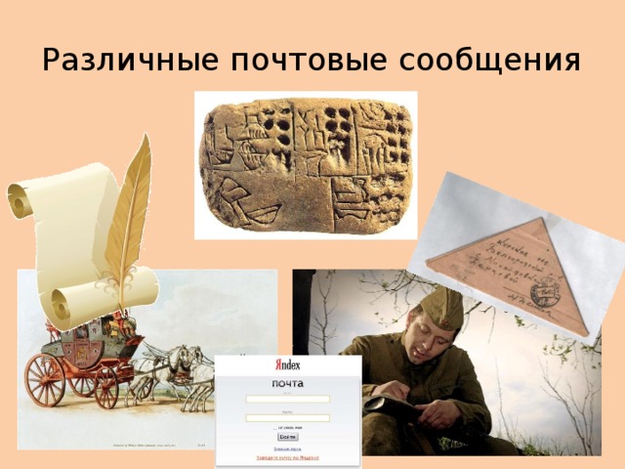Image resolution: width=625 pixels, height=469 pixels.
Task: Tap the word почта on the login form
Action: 287,382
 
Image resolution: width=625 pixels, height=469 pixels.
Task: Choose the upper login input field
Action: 288,399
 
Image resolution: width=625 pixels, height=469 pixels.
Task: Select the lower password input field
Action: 288,418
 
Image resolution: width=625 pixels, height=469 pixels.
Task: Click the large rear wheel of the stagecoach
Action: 45,378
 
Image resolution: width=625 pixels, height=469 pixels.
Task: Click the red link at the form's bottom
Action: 287,457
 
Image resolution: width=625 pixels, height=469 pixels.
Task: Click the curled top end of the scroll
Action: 21,199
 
